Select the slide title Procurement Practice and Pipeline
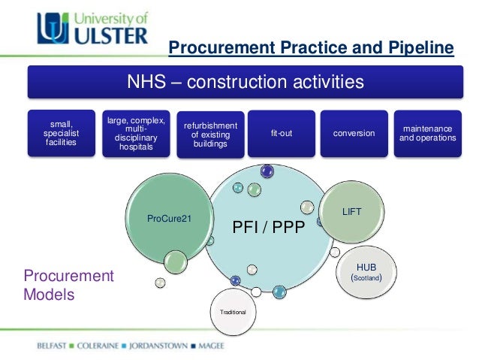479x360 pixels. (311, 49)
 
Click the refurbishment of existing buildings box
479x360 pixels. (209, 134)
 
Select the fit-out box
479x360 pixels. (282, 133)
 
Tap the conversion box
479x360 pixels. (354, 133)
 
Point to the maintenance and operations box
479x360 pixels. (426, 133)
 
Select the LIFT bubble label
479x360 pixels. (352, 213)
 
